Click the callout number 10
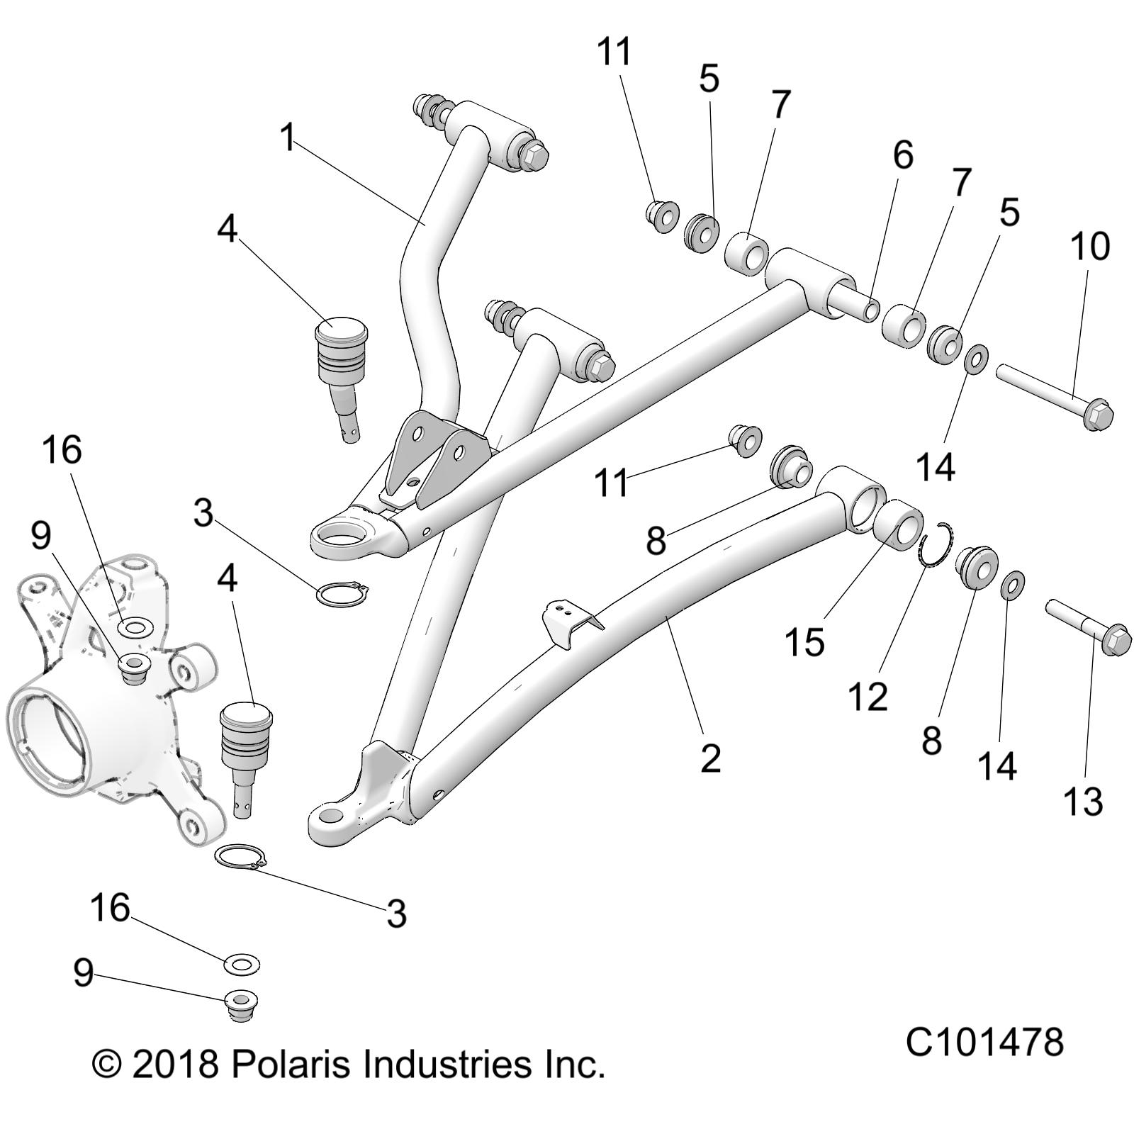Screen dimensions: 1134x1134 coord(1090,247)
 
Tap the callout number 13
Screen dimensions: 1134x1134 coord(1083,802)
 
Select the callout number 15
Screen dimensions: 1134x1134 coord(804,642)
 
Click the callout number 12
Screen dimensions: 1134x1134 coord(868,697)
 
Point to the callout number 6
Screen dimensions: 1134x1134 coord(903,155)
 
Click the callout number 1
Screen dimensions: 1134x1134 coord(287,137)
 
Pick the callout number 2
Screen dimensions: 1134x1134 coord(710,758)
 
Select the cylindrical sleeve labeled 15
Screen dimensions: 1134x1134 coord(897,524)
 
